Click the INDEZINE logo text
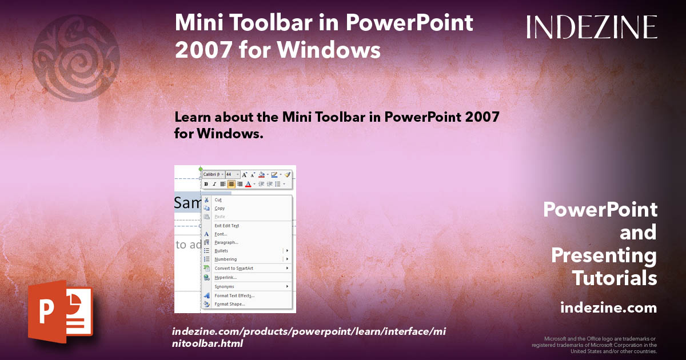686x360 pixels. pyautogui.click(x=592, y=27)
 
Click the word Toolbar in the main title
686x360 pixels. pyautogui.click(x=292, y=23)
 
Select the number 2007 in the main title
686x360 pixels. pyautogui.click(x=202, y=50)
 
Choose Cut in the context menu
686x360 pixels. pyautogui.click(x=218, y=200)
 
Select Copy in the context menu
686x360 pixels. pyautogui.click(x=220, y=209)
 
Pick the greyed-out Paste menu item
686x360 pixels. pyautogui.click(x=220, y=217)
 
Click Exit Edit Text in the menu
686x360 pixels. pyautogui.click(x=227, y=226)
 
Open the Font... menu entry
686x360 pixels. pyautogui.click(x=221, y=234)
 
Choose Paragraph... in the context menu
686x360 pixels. pyautogui.click(x=226, y=242)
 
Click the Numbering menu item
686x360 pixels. pyautogui.click(x=226, y=259)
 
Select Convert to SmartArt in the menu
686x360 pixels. pyautogui.click(x=233, y=268)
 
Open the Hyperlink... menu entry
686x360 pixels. pyautogui.click(x=226, y=277)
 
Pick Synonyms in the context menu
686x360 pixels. pyautogui.click(x=225, y=286)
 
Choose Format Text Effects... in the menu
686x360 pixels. pyautogui.click(x=234, y=295)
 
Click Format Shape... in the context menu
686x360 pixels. pyautogui.click(x=230, y=304)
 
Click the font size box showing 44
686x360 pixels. pyautogui.click(x=230, y=174)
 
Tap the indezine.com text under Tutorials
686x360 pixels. pyautogui.click(x=608, y=308)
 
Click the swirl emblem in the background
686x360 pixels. pyautogui.click(x=76, y=57)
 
